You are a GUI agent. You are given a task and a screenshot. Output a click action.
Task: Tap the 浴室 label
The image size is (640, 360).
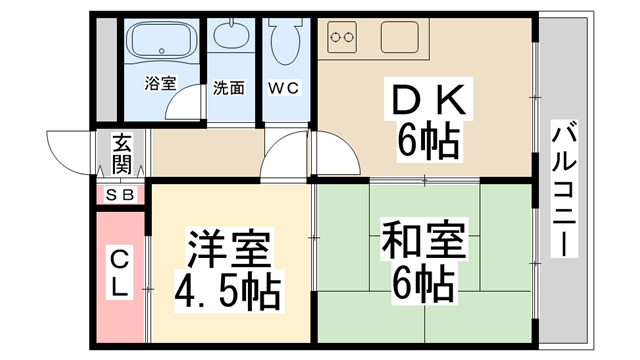[159, 84]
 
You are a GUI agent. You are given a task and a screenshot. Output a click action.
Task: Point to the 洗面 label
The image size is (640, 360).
[229, 87]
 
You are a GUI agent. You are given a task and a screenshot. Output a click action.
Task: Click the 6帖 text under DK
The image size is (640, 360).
[427, 143]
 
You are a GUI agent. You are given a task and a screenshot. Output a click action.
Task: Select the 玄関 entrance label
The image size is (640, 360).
[121, 153]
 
